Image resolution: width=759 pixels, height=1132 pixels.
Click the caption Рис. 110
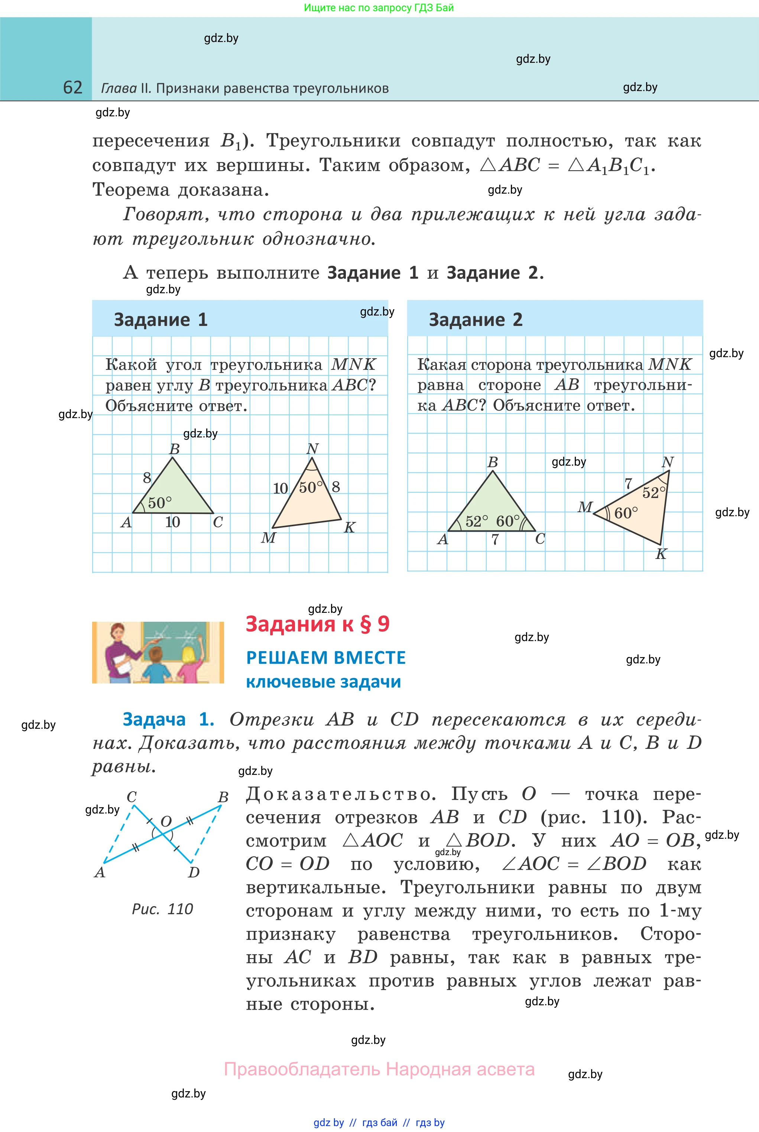pos(162,909)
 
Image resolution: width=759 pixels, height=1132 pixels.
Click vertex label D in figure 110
pos(194,873)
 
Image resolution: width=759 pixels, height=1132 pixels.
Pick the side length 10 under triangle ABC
pos(172,522)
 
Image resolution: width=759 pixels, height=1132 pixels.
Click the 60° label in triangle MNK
pos(626,513)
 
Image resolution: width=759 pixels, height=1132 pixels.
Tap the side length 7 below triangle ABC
pos(495,539)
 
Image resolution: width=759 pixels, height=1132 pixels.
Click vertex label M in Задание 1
pos(268,537)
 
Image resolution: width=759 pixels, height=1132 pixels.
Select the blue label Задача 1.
pos(168,719)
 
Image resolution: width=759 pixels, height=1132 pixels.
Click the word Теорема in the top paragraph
pos(130,190)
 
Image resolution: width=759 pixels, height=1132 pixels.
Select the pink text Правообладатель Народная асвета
pos(379,1069)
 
